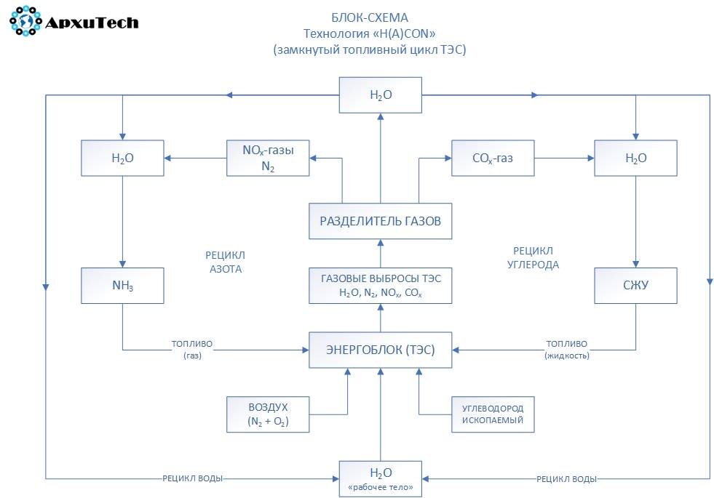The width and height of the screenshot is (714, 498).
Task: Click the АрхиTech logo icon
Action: [x=26, y=21]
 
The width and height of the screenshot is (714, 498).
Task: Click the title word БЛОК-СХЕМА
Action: [x=369, y=17]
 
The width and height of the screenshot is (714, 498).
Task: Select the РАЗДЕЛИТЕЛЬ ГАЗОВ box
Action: [x=380, y=221]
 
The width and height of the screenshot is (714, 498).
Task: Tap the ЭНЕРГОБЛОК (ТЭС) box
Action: [x=380, y=350]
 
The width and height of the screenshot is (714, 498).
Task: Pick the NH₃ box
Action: [x=122, y=286]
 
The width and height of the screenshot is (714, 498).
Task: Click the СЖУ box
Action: [x=635, y=286]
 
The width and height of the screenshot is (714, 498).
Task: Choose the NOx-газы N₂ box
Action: [x=268, y=158]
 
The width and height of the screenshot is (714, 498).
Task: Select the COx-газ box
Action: [x=493, y=158]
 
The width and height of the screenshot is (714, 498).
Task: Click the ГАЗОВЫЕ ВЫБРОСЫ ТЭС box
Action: [x=380, y=286]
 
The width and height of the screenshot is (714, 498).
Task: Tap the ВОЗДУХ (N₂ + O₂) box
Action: [x=268, y=414]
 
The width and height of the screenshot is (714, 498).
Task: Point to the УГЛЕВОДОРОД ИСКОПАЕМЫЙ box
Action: [x=493, y=414]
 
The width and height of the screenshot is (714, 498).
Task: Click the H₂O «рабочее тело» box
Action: [x=380, y=479]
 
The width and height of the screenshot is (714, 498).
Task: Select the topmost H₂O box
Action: [x=380, y=95]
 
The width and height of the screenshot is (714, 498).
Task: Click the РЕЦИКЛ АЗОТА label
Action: [x=226, y=262]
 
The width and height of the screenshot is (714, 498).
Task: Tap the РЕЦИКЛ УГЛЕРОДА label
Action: [x=533, y=258]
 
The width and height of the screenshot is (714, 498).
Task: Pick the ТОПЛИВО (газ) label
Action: [x=192, y=350]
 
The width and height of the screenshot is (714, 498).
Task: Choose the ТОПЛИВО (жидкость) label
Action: [x=567, y=350]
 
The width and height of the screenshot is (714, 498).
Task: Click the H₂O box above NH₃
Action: [x=122, y=158]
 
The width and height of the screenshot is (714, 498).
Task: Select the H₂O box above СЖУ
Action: [x=635, y=158]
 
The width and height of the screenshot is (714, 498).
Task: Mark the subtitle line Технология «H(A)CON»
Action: [x=369, y=33]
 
